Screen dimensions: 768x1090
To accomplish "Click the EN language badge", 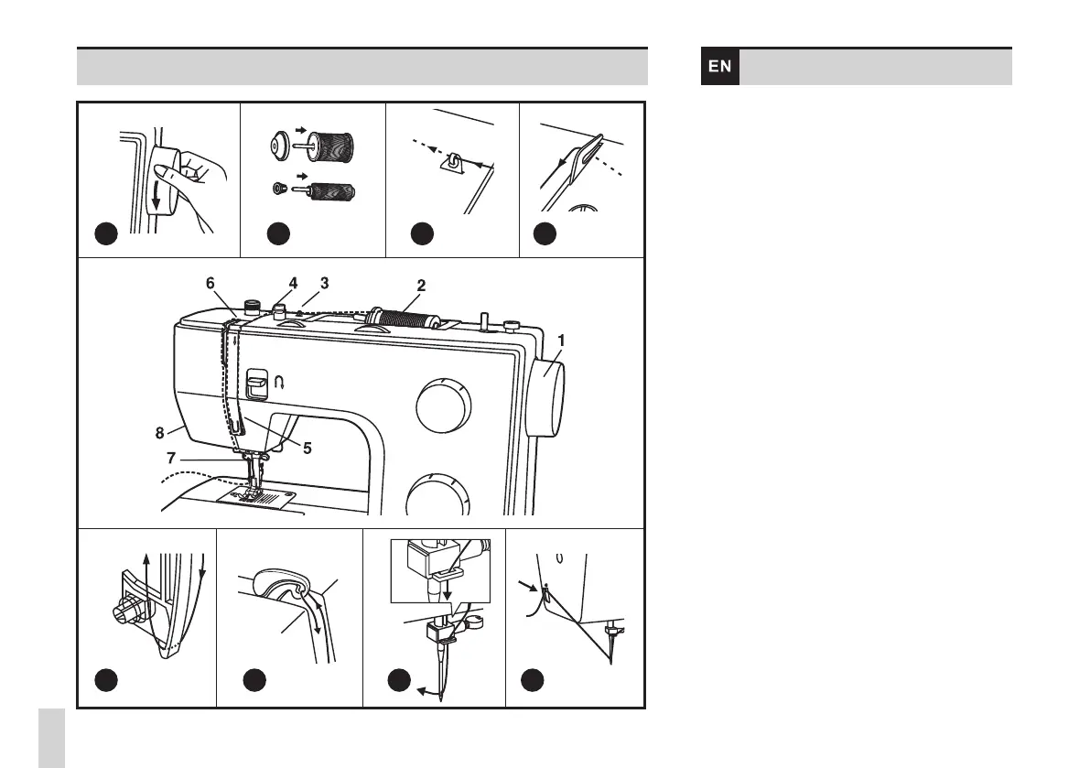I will (x=720, y=67).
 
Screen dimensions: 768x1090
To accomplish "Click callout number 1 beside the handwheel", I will (x=561, y=340).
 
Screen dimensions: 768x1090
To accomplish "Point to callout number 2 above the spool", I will (x=420, y=285).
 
